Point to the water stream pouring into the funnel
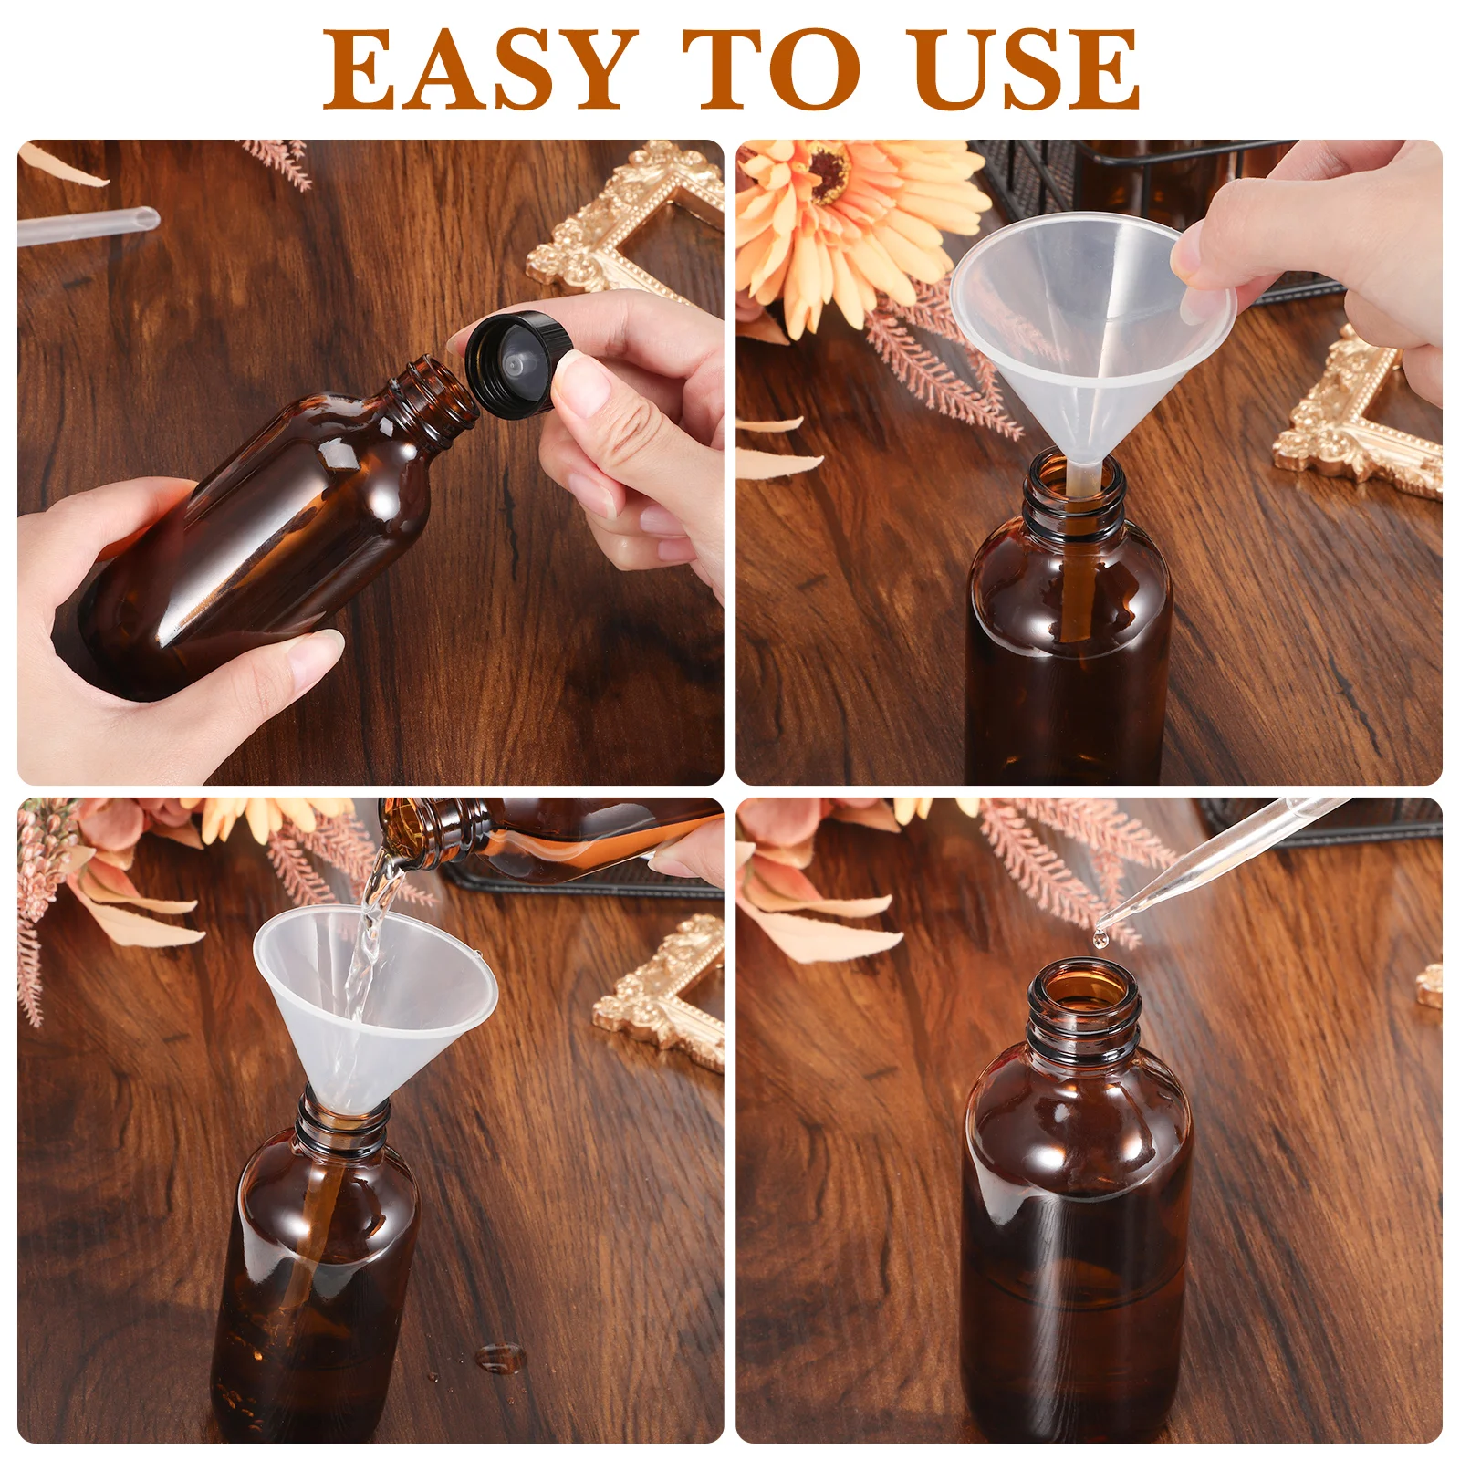370,931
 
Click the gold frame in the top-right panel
1360,420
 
